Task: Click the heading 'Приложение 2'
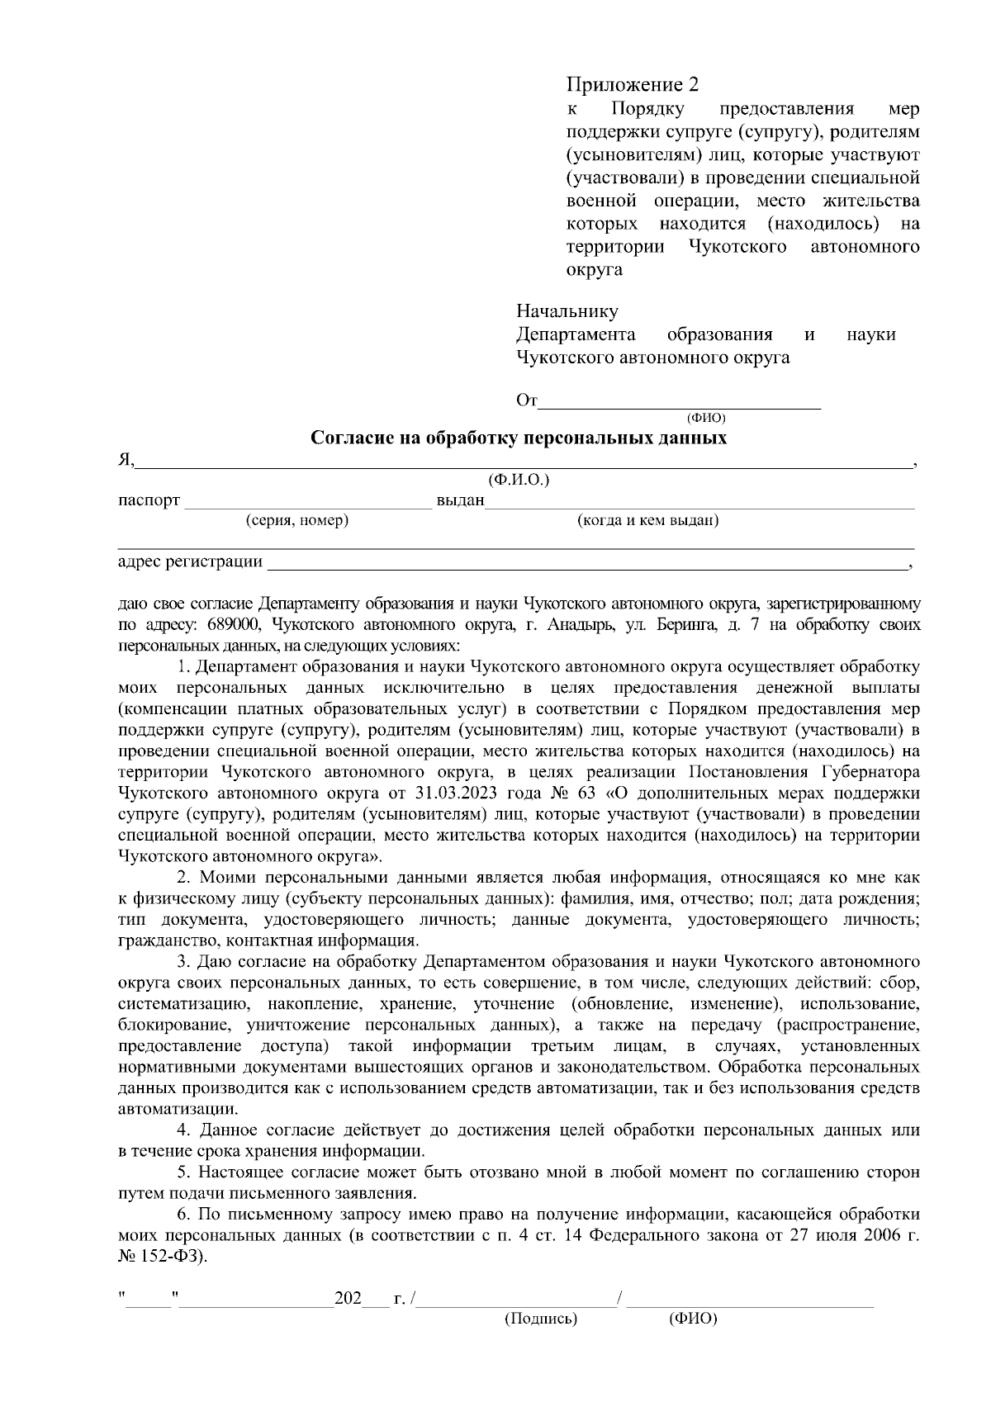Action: [632, 85]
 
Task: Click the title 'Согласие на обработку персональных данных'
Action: [519, 438]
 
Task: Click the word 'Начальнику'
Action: [567, 311]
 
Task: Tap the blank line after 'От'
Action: [680, 402]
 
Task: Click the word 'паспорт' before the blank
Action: [149, 501]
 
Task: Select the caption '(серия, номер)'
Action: [297, 521]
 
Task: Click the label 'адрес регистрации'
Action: [190, 562]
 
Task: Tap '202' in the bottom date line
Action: [347, 1299]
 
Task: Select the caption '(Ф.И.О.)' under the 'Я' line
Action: [519, 480]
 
